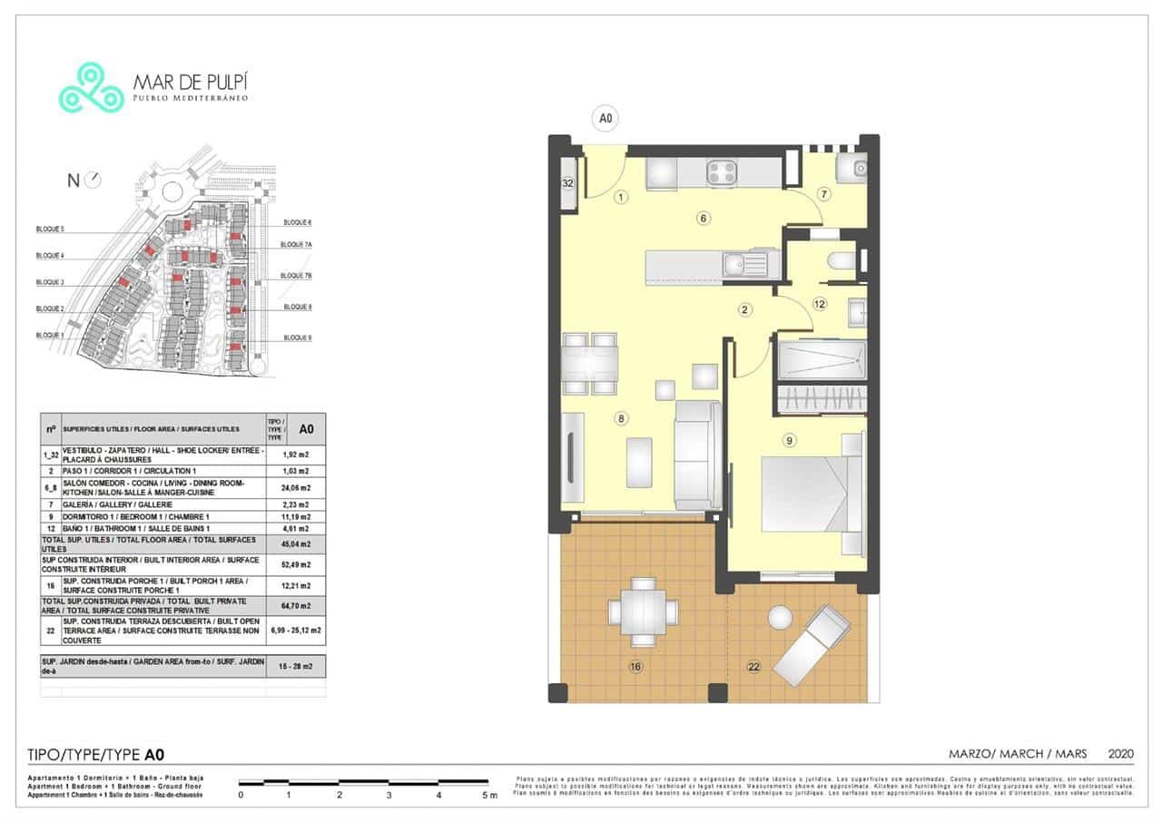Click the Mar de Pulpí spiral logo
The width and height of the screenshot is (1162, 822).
91,87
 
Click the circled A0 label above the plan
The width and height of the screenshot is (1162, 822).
605,118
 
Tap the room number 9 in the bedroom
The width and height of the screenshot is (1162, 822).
790,441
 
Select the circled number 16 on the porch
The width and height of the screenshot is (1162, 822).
635,667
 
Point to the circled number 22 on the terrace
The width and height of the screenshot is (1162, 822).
753,667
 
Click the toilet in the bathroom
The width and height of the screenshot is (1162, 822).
842,261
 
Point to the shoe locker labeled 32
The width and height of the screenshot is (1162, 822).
568,183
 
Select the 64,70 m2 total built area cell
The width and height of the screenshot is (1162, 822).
295,606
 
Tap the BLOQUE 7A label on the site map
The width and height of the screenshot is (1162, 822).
296,245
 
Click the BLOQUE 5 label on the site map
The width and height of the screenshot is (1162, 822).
50,230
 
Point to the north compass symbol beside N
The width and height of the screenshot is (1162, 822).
93,181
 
